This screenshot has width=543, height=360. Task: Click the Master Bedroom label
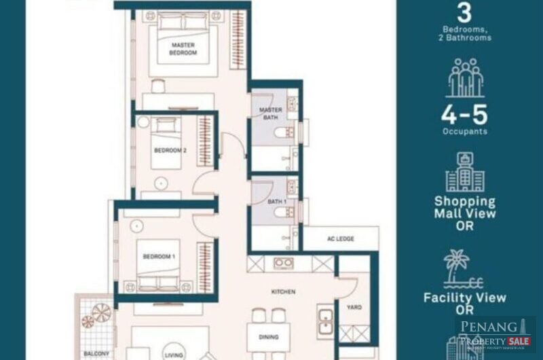pyautogui.click(x=183, y=49)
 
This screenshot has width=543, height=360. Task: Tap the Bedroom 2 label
pyautogui.click(x=170, y=150)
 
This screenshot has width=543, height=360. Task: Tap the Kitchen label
pyautogui.click(x=284, y=291)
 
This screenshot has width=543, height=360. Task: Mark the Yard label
pyautogui.click(x=354, y=307)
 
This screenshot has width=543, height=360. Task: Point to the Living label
pyautogui.click(x=172, y=354)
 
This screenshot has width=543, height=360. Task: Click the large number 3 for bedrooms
pyautogui.click(x=465, y=14)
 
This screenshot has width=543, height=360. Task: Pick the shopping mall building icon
pyautogui.click(x=465, y=172)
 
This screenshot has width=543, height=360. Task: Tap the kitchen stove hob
pyautogui.click(x=284, y=262)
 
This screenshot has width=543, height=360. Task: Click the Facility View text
pyautogui.click(x=465, y=298)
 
